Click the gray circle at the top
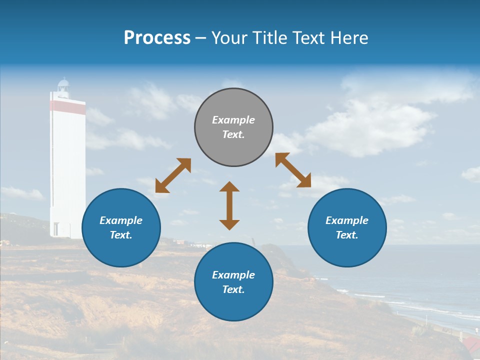pyautogui.click(x=233, y=127)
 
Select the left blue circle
pyautogui.click(x=121, y=227)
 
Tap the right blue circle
pyautogui.click(x=347, y=227)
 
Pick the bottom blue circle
pyautogui.click(x=233, y=282)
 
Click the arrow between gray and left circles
pyautogui.click(x=173, y=175)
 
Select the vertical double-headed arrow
pyautogui.click(x=229, y=205)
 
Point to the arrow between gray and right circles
pyautogui.click(x=293, y=170)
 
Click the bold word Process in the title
pyautogui.click(x=157, y=38)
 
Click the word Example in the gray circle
pyautogui.click(x=233, y=120)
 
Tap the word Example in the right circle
pyautogui.click(x=347, y=220)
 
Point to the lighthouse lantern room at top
pyautogui.click(x=63, y=86)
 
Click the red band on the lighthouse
pyautogui.click(x=67, y=106)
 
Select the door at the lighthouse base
pyautogui.click(x=55, y=229)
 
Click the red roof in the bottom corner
pyautogui.click(x=470, y=344)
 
